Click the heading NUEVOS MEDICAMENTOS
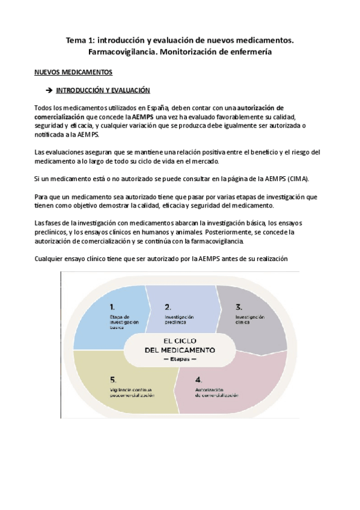tap(73, 72)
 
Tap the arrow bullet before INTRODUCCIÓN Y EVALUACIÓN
tap(50, 90)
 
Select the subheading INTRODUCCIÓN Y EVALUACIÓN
tap(103, 90)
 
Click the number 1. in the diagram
tap(113, 306)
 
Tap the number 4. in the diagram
tap(199, 379)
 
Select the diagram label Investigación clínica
tap(249, 319)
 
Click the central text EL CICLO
tap(180, 340)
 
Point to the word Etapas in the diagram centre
tap(180, 358)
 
